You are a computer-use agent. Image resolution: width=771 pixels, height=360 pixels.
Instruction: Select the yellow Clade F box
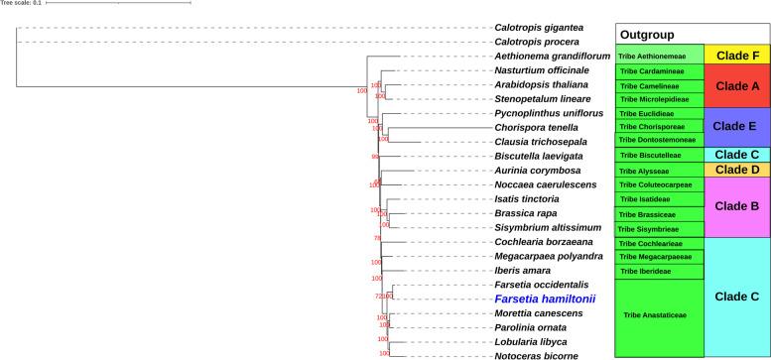click(x=736, y=56)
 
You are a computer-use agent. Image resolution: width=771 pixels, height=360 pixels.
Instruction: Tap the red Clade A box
click(x=736, y=85)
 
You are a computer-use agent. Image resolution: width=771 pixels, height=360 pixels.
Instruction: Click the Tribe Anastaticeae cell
click(x=660, y=315)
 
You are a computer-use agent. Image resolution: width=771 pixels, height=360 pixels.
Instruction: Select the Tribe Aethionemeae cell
click(x=660, y=57)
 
